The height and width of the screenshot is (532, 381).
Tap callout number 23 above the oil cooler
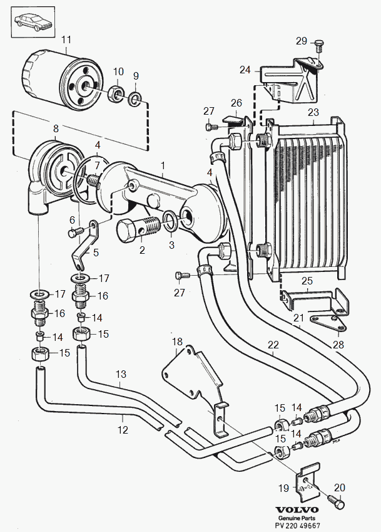pyautogui.click(x=313, y=113)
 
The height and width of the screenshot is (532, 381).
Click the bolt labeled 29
pyautogui.click(x=319, y=46)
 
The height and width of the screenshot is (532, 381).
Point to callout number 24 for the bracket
pyautogui.click(x=245, y=70)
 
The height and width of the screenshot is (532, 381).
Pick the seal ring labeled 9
pyautogui.click(x=135, y=98)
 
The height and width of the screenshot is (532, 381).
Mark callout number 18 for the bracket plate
pyautogui.click(x=178, y=342)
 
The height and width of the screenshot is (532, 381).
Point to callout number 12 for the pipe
pyautogui.click(x=123, y=430)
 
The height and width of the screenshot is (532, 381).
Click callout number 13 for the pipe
pyautogui.click(x=121, y=374)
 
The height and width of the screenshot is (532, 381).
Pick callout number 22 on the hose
pyautogui.click(x=273, y=344)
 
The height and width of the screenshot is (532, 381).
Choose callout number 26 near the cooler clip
pyautogui.click(x=236, y=102)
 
